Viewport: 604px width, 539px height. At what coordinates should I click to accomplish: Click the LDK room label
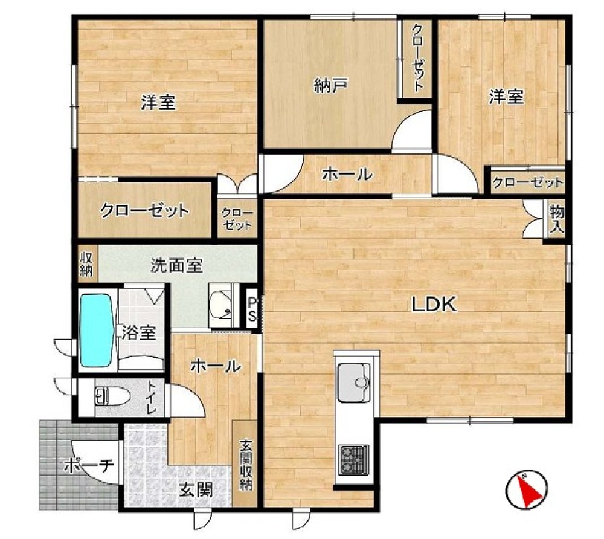(x=434, y=305)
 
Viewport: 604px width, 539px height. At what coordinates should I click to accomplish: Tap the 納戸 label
(x=331, y=86)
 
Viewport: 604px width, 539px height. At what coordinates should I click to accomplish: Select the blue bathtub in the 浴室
(x=97, y=330)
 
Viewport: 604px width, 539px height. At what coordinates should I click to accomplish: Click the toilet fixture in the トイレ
(x=112, y=396)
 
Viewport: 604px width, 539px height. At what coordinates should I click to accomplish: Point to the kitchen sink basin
(x=354, y=382)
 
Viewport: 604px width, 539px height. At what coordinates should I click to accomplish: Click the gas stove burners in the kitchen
(x=353, y=459)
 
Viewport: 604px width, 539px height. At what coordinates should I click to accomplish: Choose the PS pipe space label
(x=252, y=309)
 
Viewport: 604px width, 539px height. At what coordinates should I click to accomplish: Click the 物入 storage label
(x=557, y=219)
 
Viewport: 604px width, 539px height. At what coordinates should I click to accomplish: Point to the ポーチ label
(x=89, y=466)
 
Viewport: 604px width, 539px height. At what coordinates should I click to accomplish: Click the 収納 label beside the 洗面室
(x=86, y=264)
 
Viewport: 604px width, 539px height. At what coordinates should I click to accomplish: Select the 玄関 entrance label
(x=196, y=490)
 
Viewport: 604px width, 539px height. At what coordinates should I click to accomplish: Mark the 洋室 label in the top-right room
(x=506, y=96)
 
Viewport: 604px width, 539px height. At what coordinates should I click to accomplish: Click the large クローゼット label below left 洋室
(x=144, y=211)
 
